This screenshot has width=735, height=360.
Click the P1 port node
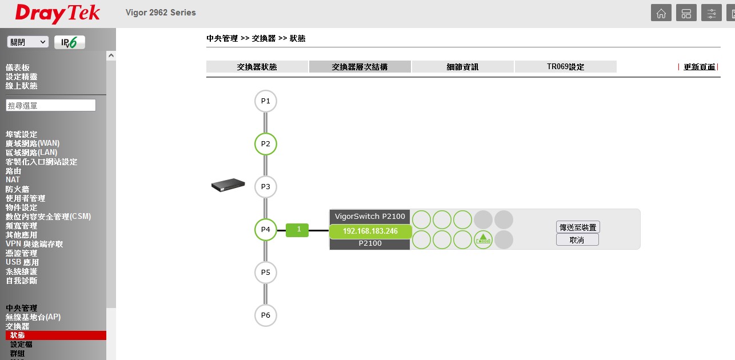coord(265,101)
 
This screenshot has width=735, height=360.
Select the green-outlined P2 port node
coord(265,144)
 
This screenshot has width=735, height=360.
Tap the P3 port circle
coord(265,187)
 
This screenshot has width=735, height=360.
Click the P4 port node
coord(265,230)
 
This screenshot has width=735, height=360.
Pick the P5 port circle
coord(265,273)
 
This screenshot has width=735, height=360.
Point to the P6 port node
coord(265,315)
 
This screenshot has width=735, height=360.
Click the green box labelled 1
coord(297,230)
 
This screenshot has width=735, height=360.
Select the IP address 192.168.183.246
coord(370,231)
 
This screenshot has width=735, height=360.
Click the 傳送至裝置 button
coord(578,227)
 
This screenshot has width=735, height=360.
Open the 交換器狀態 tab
coord(257,67)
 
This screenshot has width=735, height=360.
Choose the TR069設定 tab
coord(565,67)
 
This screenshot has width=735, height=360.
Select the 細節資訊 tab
coord(462,67)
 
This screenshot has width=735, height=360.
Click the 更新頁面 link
coord(699,67)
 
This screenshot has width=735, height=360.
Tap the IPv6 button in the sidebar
coord(70,42)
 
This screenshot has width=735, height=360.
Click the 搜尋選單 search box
coord(51,105)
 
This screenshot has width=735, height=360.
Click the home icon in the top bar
coord(661,13)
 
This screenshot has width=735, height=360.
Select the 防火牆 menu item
coord(18,189)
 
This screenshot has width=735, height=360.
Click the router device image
coord(228,186)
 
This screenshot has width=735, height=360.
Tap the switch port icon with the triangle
coord(483,240)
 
